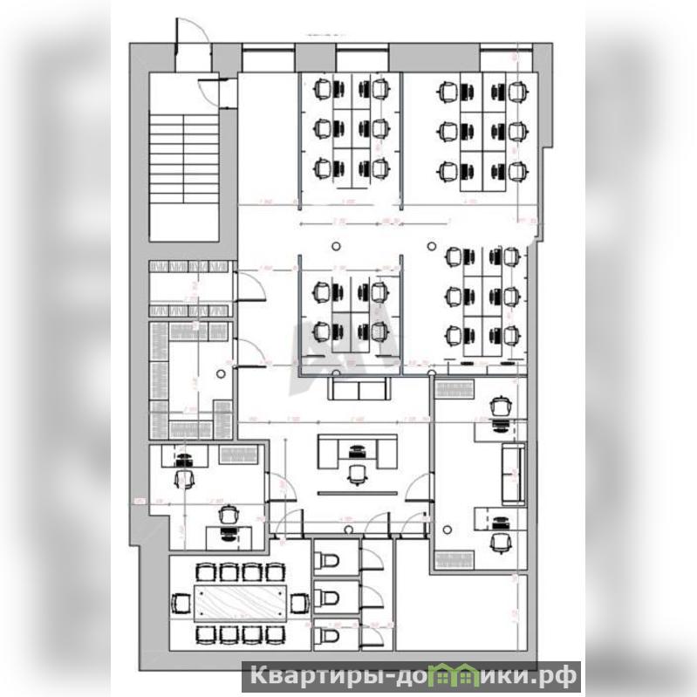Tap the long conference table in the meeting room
pos(238,602)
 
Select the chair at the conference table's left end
pos(181,602)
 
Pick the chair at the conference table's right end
pos(298,602)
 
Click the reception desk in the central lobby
pos(356,450)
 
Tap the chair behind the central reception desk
pos(356,473)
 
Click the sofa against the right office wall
pos(513,472)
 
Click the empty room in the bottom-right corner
pos(461,611)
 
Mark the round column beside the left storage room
pos(222,374)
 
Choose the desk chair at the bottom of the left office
pos(229,516)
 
